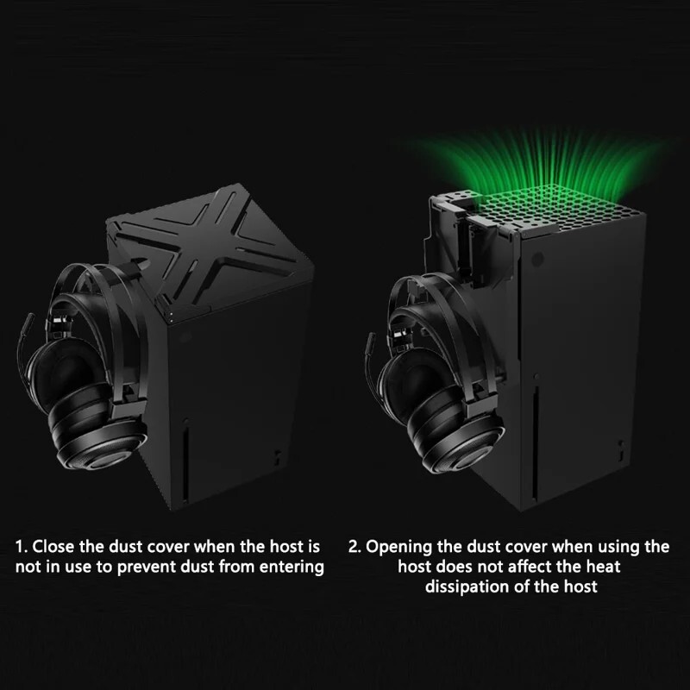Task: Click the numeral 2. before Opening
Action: tap(354, 547)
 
